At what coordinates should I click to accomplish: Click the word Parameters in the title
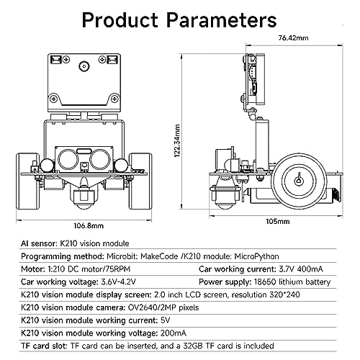(222, 20)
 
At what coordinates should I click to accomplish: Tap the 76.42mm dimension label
(293, 38)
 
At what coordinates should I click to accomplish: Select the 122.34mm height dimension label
(177, 140)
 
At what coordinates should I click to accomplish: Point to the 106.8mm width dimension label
(89, 226)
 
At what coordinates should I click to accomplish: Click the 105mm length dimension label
(278, 221)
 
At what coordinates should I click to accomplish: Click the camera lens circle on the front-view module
(84, 66)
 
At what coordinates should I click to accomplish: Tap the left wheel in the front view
(27, 181)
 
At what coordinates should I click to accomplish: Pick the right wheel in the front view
(140, 181)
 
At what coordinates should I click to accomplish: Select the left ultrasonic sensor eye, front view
(68, 159)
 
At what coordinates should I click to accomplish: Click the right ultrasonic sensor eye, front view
(100, 159)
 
